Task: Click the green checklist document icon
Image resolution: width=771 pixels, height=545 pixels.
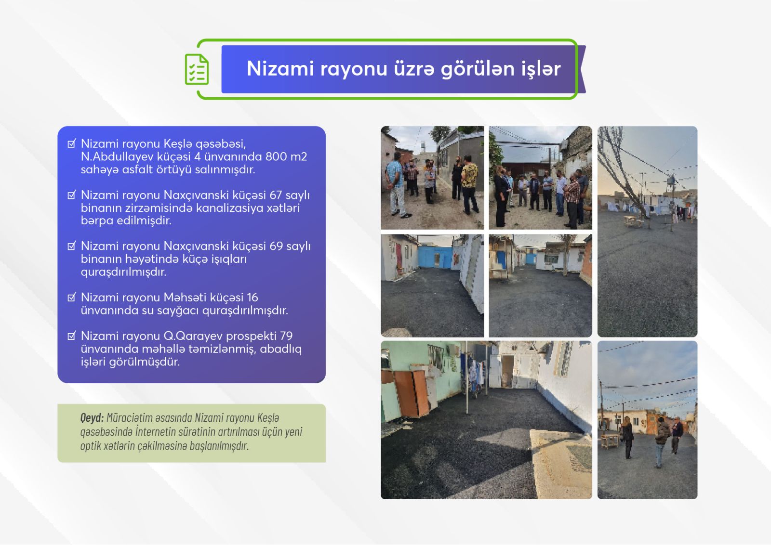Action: [197, 69]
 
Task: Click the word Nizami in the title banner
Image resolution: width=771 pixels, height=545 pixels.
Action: [280, 68]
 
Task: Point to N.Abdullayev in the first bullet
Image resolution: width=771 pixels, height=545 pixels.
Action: [117, 157]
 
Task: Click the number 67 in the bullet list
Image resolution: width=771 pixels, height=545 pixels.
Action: [276, 195]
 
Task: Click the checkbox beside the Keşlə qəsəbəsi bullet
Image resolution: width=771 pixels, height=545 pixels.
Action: [72, 143]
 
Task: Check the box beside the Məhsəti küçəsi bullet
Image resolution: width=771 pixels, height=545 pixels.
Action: [72, 297]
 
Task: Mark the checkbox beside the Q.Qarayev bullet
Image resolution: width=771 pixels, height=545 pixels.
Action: [72, 336]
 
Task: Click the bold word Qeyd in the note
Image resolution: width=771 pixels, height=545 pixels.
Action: [92, 418]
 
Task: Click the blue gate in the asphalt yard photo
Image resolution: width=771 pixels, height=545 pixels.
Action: [435, 257]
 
